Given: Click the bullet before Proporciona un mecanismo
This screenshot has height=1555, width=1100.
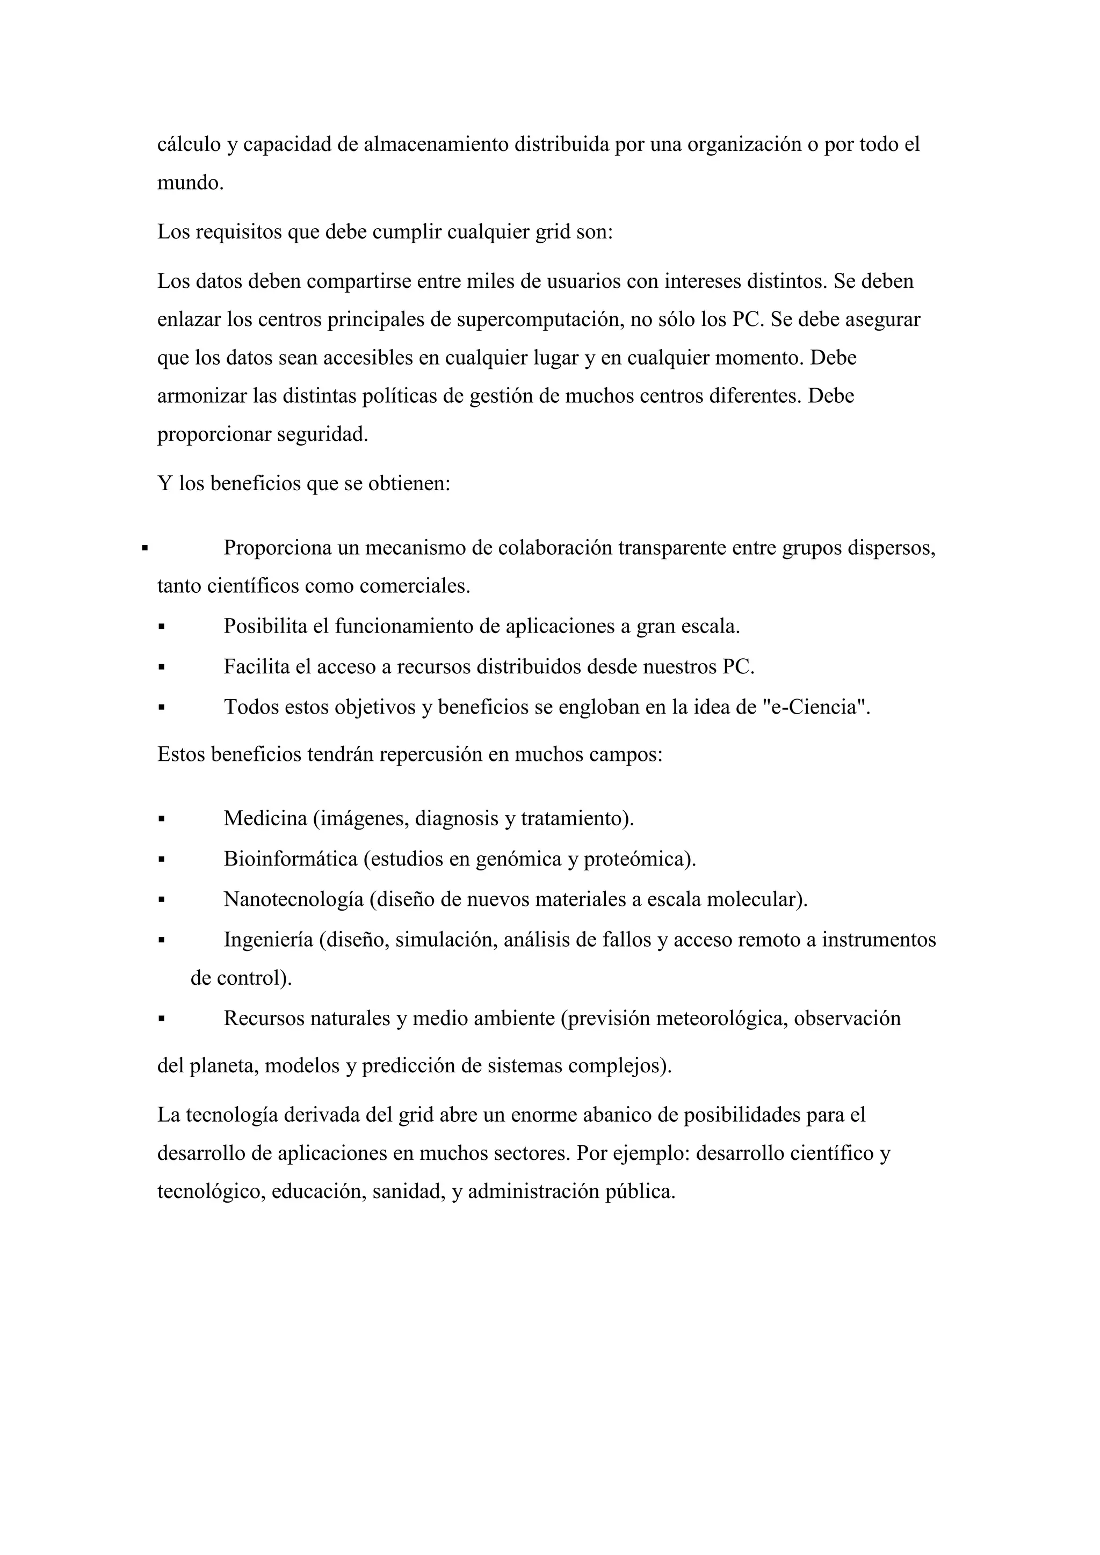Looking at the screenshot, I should coord(144,547).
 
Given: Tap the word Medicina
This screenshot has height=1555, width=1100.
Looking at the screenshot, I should coord(265,819).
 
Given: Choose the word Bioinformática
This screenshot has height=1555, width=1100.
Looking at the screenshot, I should coord(291,860).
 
